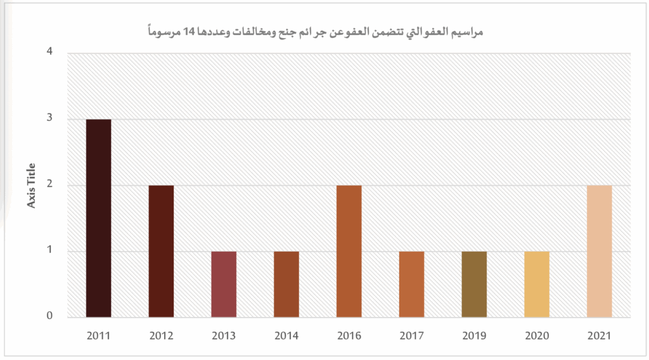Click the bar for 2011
pyautogui.click(x=98, y=218)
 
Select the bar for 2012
pyautogui.click(x=161, y=251)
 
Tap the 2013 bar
pyautogui.click(x=224, y=284)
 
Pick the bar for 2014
pyautogui.click(x=286, y=284)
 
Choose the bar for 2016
pyautogui.click(x=349, y=251)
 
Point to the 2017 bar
pyautogui.click(x=411, y=284)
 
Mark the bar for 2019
pyautogui.click(x=474, y=284)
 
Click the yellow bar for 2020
pyautogui.click(x=537, y=284)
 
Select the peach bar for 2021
pyautogui.click(x=599, y=251)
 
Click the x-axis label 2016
pyautogui.click(x=349, y=336)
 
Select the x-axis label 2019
pyautogui.click(x=474, y=336)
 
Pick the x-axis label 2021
pyautogui.click(x=599, y=336)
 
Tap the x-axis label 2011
pyautogui.click(x=98, y=336)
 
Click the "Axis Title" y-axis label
pyautogui.click(x=30, y=186)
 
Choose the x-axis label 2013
pyautogui.click(x=224, y=336)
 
